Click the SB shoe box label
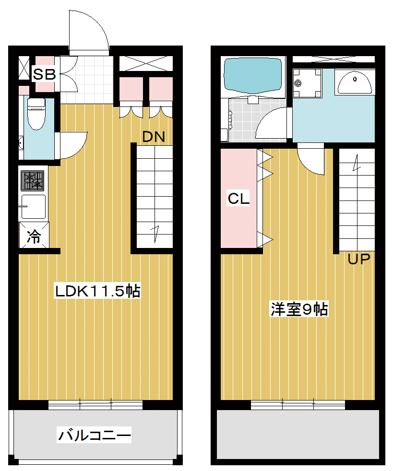point(45,74)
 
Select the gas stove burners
point(33,181)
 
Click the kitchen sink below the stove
point(33,207)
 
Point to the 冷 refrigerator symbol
point(34,236)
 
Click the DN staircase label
point(154,137)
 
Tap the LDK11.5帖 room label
point(97,291)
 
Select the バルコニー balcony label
point(95,435)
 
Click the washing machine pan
point(307,83)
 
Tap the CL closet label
point(238,199)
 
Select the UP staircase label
point(359,259)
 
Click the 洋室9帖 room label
point(299,309)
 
